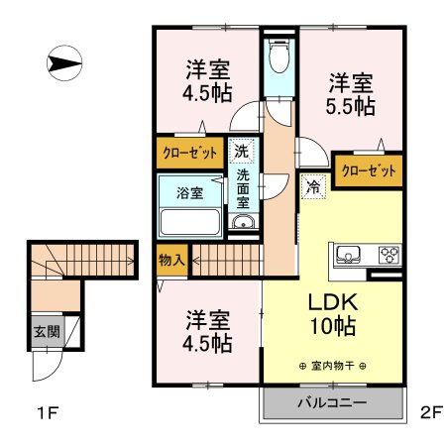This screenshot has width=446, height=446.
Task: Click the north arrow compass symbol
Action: [64, 63]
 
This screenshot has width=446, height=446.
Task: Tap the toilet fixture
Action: [279, 56]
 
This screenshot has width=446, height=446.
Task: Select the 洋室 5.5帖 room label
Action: [351, 94]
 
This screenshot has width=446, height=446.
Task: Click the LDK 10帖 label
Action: [333, 314]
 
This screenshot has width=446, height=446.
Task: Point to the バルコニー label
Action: [332, 402]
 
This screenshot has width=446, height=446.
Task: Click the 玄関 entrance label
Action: [48, 331]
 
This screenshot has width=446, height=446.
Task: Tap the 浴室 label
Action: [189, 192]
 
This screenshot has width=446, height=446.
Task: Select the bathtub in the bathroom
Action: [190, 222]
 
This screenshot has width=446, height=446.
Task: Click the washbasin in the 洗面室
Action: [244, 222]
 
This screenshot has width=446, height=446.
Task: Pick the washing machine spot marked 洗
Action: [242, 151]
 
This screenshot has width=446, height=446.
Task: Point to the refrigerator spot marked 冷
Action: [313, 187]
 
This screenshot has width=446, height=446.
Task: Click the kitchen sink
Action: [348, 255]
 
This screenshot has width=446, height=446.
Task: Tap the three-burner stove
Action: [390, 255]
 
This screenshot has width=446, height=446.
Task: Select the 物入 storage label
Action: [171, 260]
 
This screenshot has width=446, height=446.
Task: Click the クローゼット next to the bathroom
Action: [190, 153]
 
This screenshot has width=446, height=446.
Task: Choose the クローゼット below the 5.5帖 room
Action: [369, 170]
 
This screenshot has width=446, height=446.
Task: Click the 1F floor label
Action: [49, 412]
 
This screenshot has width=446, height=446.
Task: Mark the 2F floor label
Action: [431, 412]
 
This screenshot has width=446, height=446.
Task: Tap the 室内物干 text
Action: [333, 366]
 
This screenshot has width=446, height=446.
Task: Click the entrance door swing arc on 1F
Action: [53, 373]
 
